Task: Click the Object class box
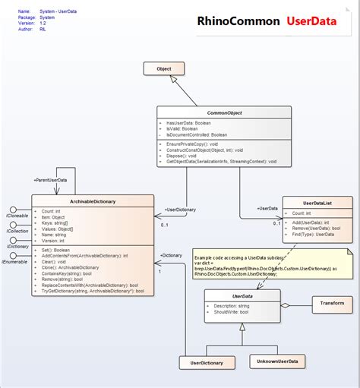click(163, 69)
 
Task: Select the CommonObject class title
click(224, 112)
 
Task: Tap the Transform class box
click(332, 304)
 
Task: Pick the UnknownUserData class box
click(277, 361)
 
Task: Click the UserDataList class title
click(317, 203)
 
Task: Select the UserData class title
click(242, 295)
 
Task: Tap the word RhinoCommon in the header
click(238, 21)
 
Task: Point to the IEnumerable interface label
click(16, 261)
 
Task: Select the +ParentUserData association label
click(50, 179)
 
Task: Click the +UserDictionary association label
click(180, 208)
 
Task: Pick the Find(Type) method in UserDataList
click(314, 234)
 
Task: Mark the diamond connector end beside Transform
click(285, 304)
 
